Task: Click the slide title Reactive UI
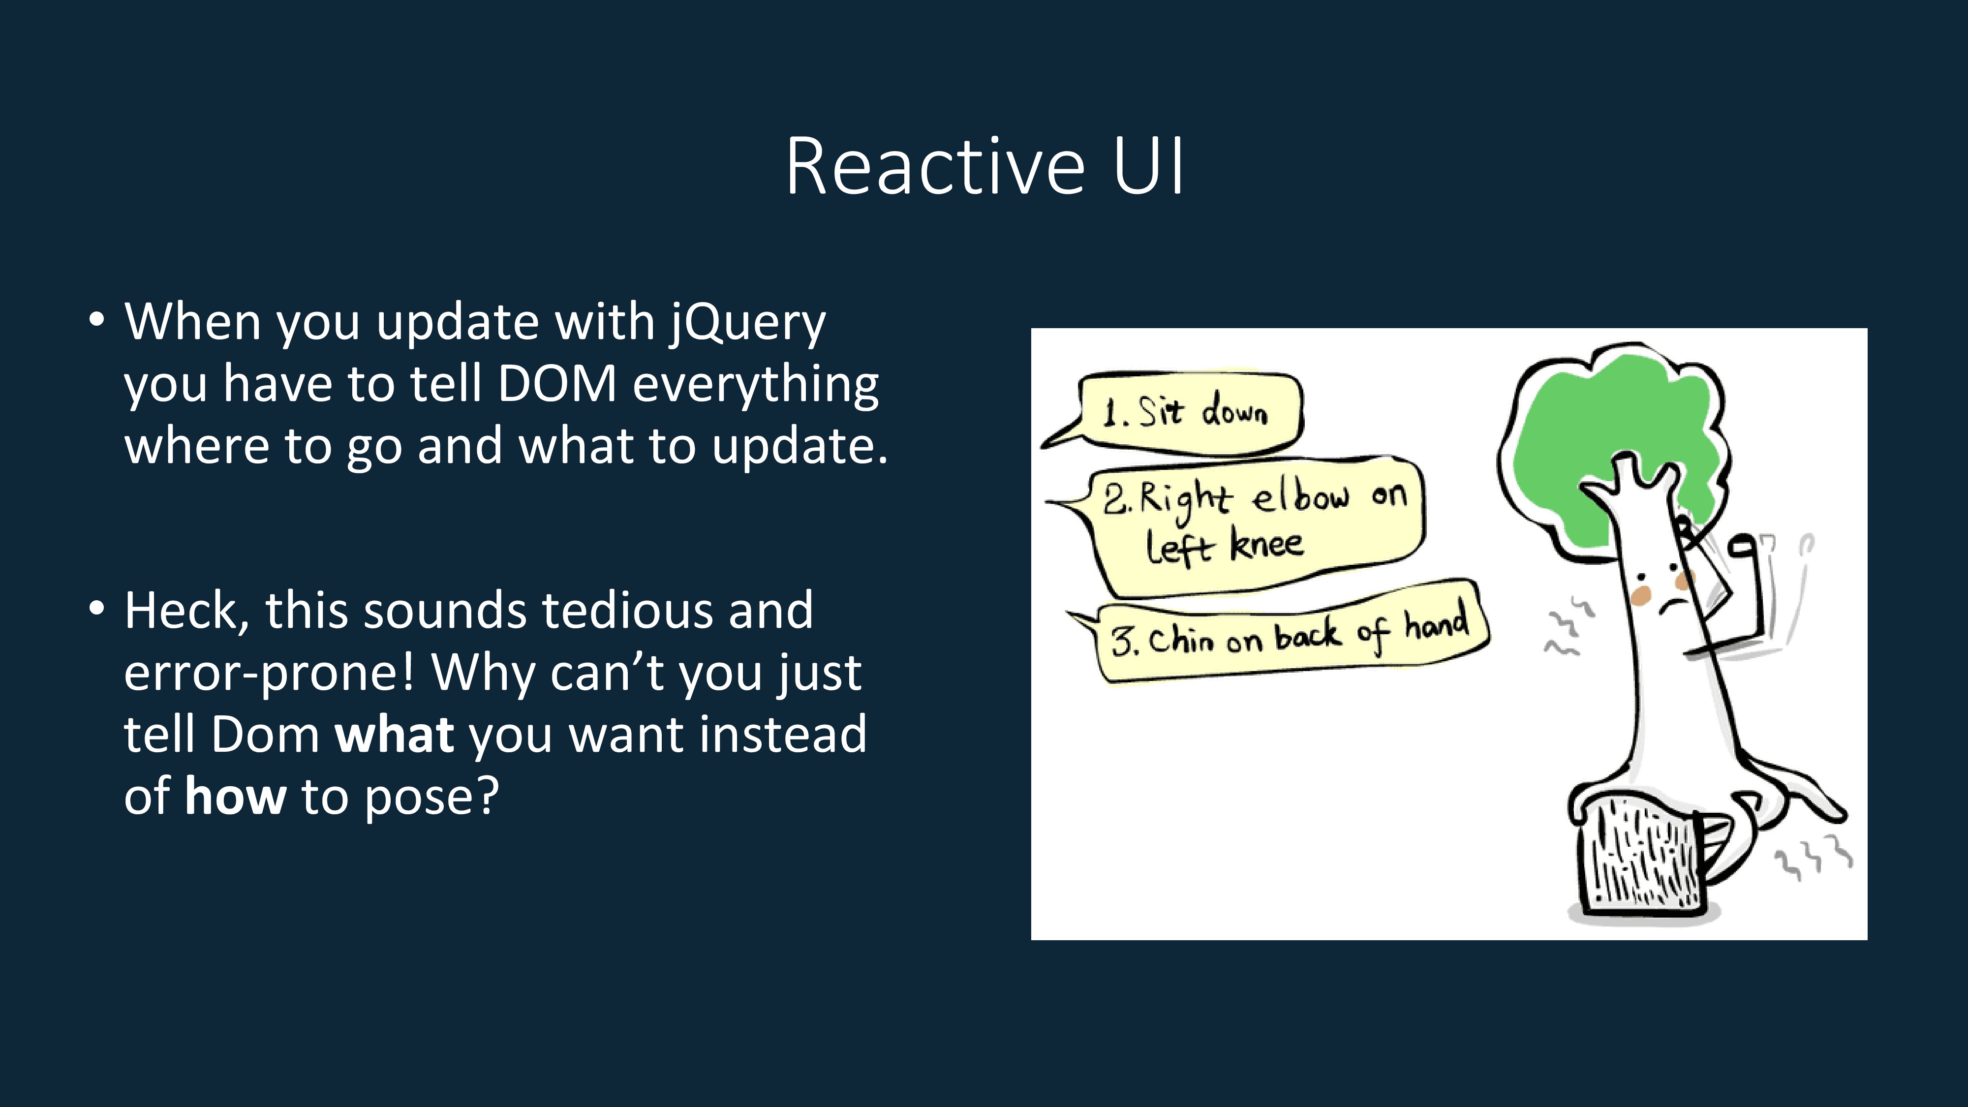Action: (984, 167)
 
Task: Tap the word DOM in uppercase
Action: (557, 384)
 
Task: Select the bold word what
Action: (395, 735)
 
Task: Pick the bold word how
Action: (235, 797)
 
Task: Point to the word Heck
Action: (185, 612)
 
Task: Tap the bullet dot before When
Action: (96, 319)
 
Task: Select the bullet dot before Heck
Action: (96, 609)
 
